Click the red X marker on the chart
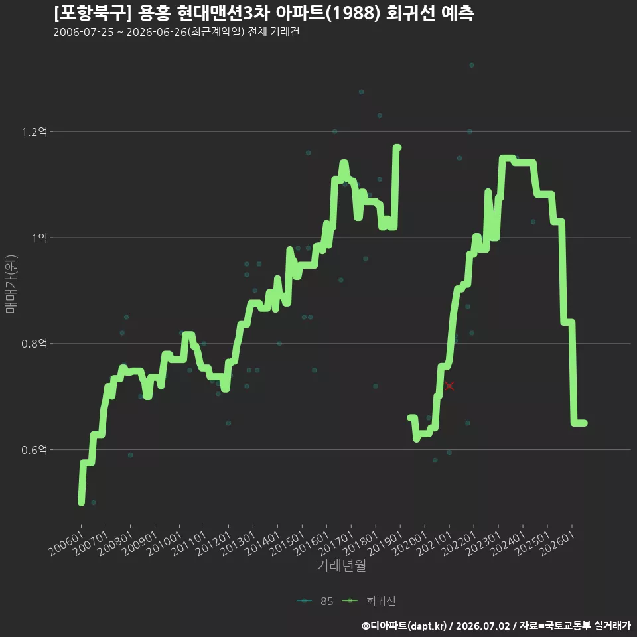[x=449, y=386]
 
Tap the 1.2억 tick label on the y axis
[x=35, y=131]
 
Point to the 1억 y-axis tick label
[x=40, y=238]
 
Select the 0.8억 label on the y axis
[x=35, y=344]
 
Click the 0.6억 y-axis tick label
[x=35, y=450]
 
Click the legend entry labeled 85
[x=315, y=601]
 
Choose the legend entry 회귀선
[x=370, y=601]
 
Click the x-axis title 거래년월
[x=341, y=565]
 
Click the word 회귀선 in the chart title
[x=410, y=13]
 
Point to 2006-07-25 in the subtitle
[x=84, y=32]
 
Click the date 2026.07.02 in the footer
[x=482, y=626]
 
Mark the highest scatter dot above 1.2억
[x=472, y=66]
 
